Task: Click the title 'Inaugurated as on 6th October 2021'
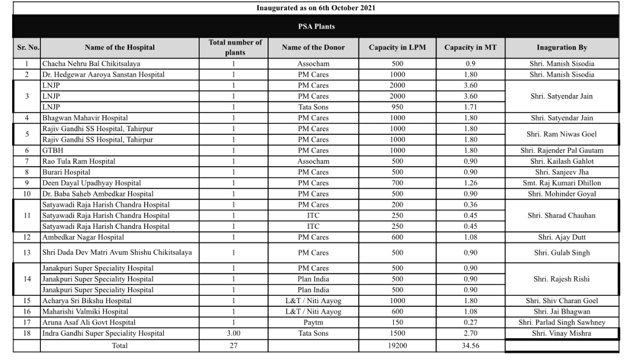pos(316,8)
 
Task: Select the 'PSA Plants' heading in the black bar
pos(316,26)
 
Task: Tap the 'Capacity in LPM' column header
pos(397,47)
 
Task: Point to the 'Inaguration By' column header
pos(562,47)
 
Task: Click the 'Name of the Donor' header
pos(313,47)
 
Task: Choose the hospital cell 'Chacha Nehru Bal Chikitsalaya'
pos(91,64)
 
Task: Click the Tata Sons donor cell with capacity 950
pos(313,107)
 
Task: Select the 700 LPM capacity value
pos(397,183)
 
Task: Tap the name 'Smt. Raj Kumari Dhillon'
pos(562,183)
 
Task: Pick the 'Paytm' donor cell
pos(313,322)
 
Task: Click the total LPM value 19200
pos(397,346)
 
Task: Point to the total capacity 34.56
pos(470,346)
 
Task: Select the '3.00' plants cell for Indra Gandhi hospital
pos(234,333)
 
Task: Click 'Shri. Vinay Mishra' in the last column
pos(562,333)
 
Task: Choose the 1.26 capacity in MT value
pos(470,183)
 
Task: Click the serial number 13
pos(27,253)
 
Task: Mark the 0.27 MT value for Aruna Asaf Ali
pos(470,322)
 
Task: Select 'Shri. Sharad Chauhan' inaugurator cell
pos(562,216)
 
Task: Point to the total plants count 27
pos(234,346)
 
